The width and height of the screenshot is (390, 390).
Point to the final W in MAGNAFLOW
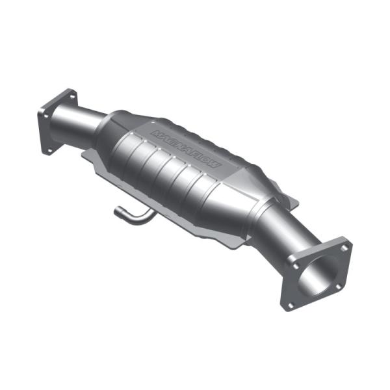click(x=215, y=166)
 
